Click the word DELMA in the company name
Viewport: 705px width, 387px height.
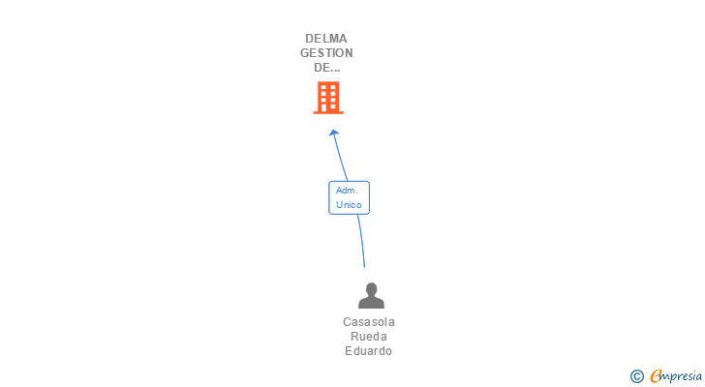click(x=326, y=39)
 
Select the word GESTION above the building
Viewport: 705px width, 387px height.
click(x=326, y=53)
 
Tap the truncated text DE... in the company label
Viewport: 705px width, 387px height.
click(x=326, y=68)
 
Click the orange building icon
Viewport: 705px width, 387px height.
click(x=328, y=97)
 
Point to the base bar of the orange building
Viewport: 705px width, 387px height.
click(x=328, y=112)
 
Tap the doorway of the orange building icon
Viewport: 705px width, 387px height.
click(x=328, y=107)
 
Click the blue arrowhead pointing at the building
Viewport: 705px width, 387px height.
click(x=333, y=133)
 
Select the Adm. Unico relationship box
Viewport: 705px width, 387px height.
click(x=349, y=197)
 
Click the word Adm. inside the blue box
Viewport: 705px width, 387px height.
click(x=347, y=191)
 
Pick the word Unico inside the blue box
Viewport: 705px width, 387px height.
click(x=349, y=205)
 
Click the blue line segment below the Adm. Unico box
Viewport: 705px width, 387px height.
click(x=361, y=240)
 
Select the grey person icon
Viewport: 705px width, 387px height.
click(x=371, y=296)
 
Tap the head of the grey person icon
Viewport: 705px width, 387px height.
click(x=371, y=288)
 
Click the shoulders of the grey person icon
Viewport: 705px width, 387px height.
click(x=371, y=303)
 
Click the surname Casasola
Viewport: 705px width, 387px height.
click(x=369, y=322)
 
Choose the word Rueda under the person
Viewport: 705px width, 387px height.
click(x=369, y=337)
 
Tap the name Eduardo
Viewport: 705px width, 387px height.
click(x=369, y=351)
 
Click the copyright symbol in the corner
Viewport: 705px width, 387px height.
click(x=636, y=376)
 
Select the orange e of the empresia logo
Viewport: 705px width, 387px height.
click(x=656, y=376)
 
